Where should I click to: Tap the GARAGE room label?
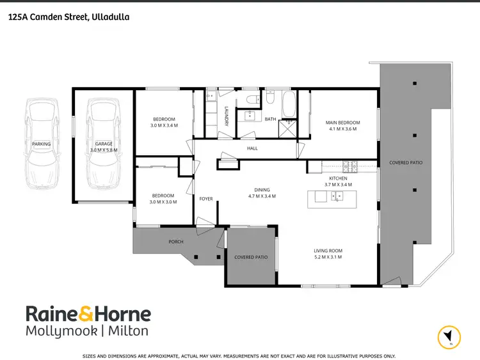104,144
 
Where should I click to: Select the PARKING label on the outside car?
41,144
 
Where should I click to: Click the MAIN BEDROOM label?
343,122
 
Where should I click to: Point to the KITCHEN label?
337,178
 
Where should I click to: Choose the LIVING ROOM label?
328,250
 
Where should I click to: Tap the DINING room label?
261,189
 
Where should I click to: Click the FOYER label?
206,199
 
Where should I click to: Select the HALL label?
252,148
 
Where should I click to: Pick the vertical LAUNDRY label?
227,116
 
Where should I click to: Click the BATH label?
270,119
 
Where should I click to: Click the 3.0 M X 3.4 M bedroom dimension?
163,126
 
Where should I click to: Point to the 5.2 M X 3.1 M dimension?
328,257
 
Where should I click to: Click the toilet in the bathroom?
255,99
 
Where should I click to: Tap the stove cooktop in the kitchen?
349,167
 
